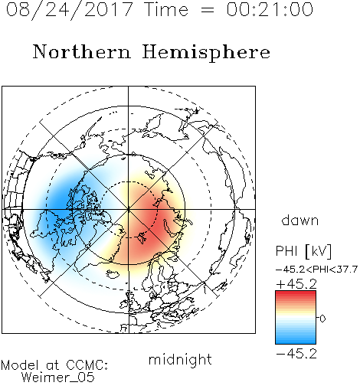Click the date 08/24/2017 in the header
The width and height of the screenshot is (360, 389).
click(70, 10)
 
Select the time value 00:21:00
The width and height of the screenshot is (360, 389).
click(270, 9)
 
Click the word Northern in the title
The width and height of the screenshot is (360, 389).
click(82, 51)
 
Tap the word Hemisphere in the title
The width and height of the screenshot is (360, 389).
click(206, 53)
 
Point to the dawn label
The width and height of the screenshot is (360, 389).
click(300, 220)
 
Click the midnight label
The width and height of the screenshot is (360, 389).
click(180, 360)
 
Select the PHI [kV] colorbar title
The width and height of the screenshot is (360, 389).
click(303, 251)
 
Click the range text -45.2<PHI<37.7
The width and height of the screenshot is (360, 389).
click(316, 270)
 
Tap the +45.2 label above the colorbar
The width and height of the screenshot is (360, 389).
click(296, 284)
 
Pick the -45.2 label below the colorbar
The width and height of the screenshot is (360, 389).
click(296, 354)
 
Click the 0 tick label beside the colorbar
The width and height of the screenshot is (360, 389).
click(322, 319)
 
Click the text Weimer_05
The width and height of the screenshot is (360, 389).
click(58, 377)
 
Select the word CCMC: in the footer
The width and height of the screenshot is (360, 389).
click(87, 365)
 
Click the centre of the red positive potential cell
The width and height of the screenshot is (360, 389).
click(151, 220)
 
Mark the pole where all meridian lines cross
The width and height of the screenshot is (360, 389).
click(129, 210)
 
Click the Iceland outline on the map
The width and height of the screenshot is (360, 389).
click(113, 274)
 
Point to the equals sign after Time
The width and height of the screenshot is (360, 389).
click(208, 10)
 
